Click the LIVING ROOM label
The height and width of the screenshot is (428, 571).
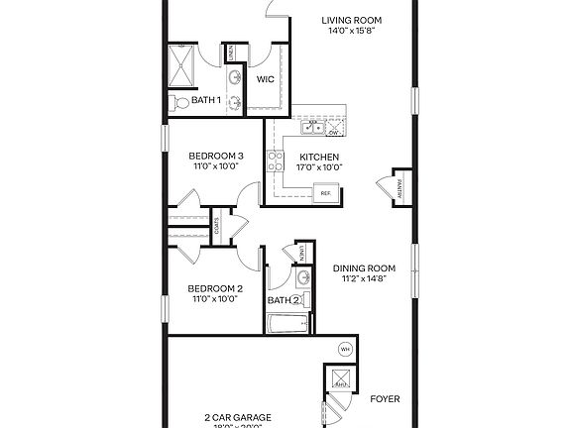354,20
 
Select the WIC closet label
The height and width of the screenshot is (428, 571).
266,79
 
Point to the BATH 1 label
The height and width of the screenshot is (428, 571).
206,100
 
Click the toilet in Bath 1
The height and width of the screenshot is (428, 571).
179,102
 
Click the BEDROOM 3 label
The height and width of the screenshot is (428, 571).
215,156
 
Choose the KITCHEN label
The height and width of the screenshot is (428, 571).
319,157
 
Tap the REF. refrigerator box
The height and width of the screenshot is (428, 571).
324,194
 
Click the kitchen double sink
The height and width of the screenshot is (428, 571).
313,127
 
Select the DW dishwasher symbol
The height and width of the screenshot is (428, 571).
334,130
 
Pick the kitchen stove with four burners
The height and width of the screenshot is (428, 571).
274,160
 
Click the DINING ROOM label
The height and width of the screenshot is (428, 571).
364,267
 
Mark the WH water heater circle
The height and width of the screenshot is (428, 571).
345,349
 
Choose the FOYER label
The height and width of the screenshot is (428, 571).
385,399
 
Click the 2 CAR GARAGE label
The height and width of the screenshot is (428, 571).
238,417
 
